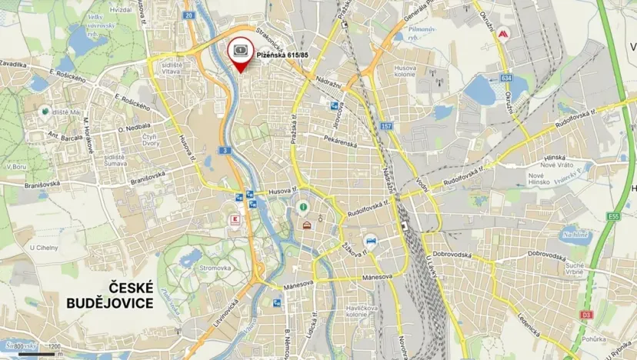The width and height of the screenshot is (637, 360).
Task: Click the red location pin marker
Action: point(242,53)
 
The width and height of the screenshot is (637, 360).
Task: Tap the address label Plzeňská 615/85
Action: point(282,55)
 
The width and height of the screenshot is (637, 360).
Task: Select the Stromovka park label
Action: point(215,268)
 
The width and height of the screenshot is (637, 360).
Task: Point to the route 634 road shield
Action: point(505,78)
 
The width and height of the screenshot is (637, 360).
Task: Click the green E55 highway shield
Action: point(614,217)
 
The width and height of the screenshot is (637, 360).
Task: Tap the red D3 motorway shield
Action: point(586,314)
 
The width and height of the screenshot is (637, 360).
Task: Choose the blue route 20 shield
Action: point(188,15)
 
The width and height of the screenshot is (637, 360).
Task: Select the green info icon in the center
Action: point(303,207)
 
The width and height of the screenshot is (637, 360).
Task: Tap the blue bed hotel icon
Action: point(371,239)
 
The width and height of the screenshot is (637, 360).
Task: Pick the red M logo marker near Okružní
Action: point(503,35)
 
